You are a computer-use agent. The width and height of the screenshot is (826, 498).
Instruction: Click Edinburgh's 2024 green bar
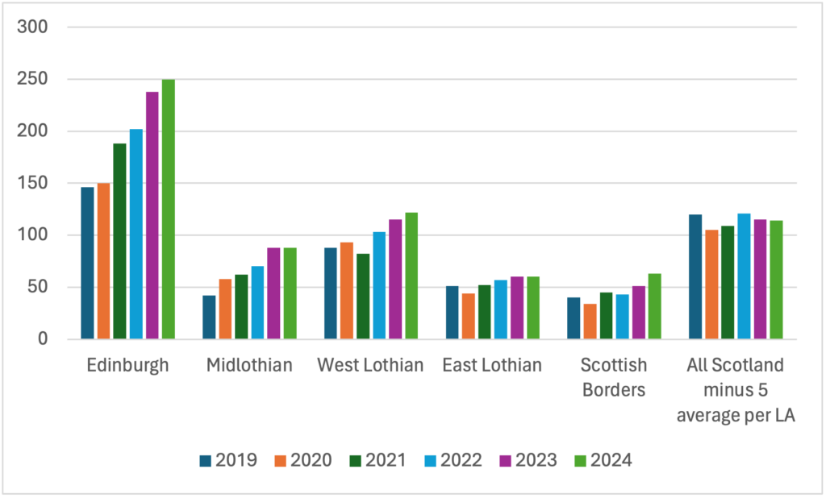(x=168, y=210)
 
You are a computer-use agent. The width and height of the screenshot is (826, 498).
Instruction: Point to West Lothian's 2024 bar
(x=411, y=276)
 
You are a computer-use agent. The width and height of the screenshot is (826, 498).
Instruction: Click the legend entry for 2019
(x=228, y=461)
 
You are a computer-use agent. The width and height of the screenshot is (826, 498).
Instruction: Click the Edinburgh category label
(x=127, y=365)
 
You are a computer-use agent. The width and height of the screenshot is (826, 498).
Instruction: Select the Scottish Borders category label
(x=614, y=377)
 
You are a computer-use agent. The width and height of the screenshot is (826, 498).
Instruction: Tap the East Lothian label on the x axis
(x=492, y=365)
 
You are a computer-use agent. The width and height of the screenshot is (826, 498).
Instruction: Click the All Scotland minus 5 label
(x=736, y=390)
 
